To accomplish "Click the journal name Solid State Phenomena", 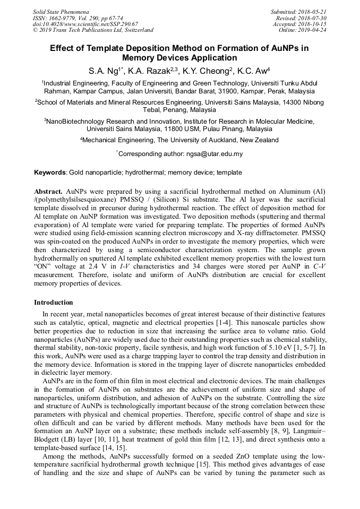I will tap(61, 11).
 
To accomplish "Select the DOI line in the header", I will tap(85, 24).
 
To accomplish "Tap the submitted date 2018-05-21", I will tap(310, 11).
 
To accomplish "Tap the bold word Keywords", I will tap(50, 172).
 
